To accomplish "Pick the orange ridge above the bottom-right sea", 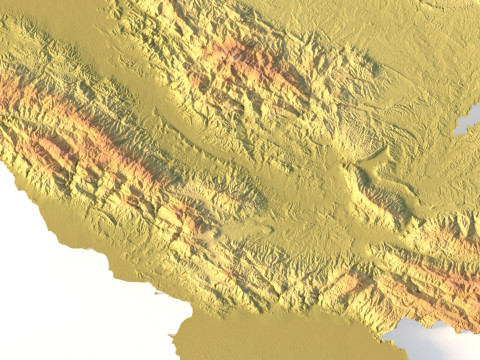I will pyautogui.click(x=440, y=280).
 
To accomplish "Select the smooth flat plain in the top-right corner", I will pyautogui.click(x=430, y=40).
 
